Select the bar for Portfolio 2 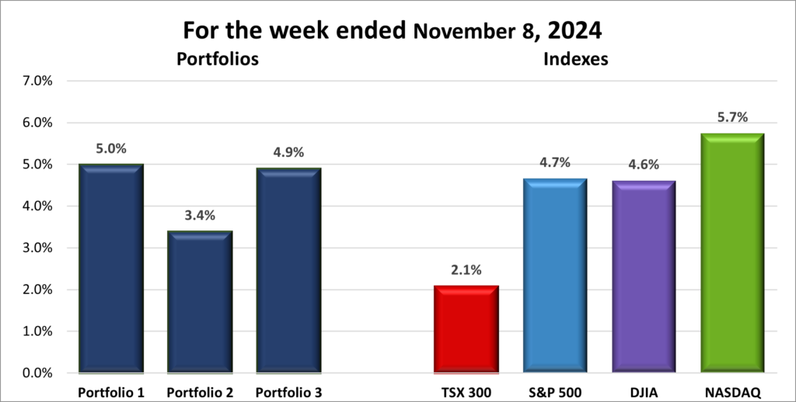[199, 302]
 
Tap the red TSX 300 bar [466, 329]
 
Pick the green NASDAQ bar [732, 253]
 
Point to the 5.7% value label [732, 118]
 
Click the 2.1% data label [466, 270]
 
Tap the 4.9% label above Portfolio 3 [288, 153]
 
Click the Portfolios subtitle [217, 58]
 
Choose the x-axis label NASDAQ [732, 390]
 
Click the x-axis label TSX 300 [466, 390]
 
